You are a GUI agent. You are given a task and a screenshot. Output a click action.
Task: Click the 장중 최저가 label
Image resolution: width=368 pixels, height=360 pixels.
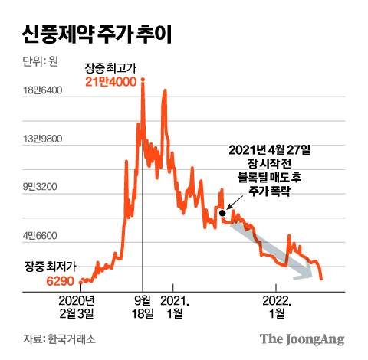(51, 266)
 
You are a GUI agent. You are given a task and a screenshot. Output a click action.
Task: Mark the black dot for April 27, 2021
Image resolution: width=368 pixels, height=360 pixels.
(222, 213)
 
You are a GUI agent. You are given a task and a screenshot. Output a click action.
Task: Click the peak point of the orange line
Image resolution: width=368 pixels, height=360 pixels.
(143, 79)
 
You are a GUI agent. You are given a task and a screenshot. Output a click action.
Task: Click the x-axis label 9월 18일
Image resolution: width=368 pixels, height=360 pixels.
(143, 306)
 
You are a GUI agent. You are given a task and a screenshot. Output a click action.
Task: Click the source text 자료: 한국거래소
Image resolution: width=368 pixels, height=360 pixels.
(59, 339)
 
